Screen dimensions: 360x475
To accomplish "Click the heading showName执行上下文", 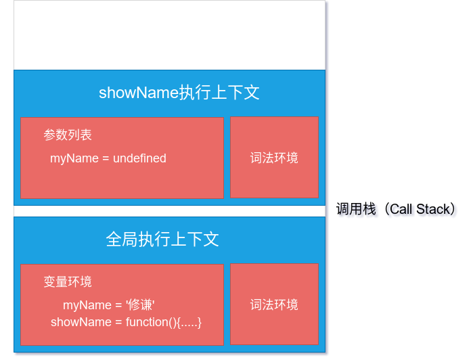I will (179, 93).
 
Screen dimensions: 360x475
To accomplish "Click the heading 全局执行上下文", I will (162, 240).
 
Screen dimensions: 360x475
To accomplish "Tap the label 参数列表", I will (68, 135).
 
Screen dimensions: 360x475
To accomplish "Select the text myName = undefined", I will (108, 158).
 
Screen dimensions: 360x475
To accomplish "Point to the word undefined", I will (139, 158).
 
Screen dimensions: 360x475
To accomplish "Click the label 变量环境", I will (68, 282).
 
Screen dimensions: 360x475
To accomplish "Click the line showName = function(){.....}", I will (127, 322).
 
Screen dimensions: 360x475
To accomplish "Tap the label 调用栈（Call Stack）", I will (396, 209).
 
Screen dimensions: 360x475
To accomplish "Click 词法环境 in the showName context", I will (274, 158).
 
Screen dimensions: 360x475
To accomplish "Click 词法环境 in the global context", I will (274, 305).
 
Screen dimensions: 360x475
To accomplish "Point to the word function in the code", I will (147, 322).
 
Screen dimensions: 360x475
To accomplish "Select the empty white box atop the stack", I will (169, 35).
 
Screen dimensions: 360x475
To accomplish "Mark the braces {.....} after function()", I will (189, 322).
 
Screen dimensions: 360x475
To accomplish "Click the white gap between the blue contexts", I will (169, 211).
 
